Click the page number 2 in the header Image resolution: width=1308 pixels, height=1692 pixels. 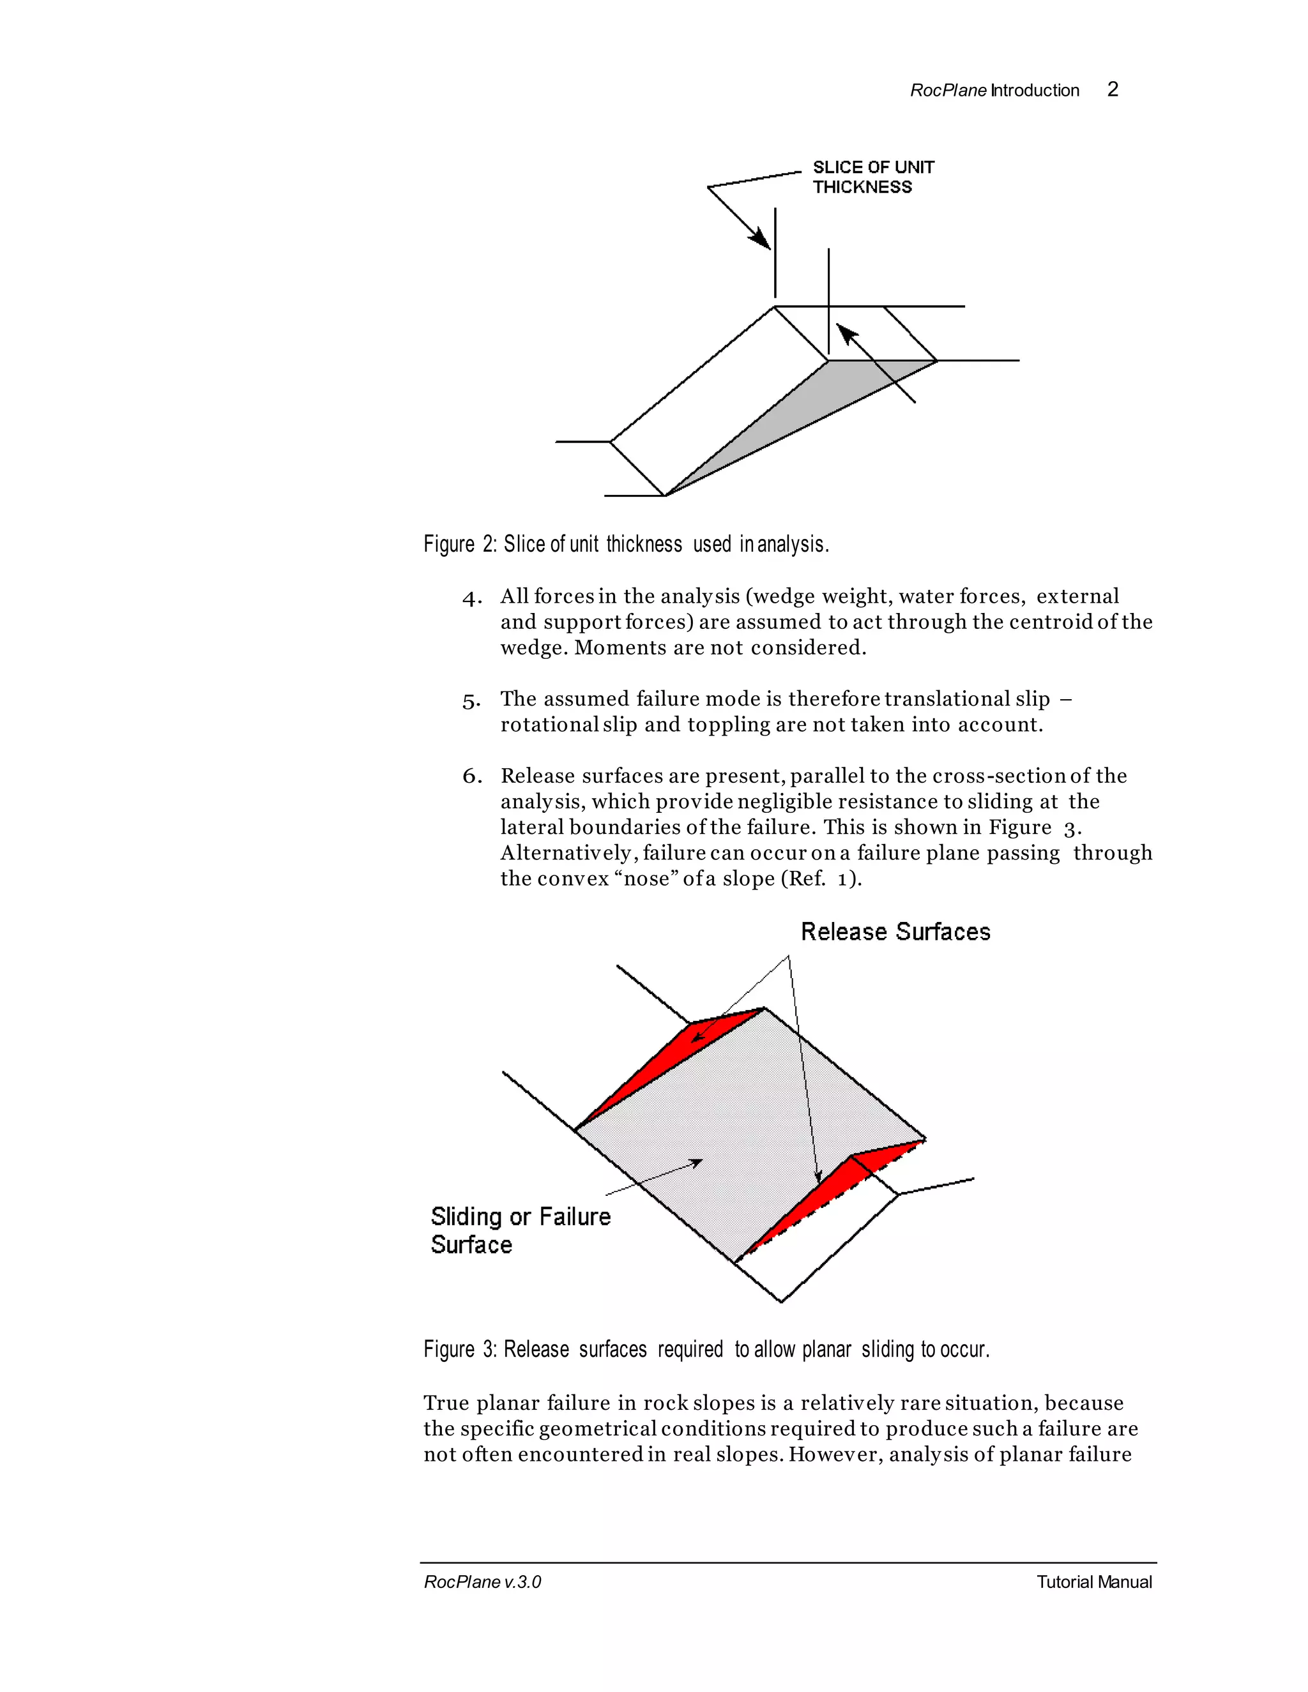tap(1112, 90)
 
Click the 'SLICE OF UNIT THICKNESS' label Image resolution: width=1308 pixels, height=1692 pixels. tap(872, 178)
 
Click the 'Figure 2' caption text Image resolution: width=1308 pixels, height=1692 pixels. tap(625, 545)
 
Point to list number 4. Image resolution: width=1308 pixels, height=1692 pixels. tap(471, 598)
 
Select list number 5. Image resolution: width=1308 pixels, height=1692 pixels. tap(471, 701)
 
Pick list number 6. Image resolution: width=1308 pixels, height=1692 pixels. tap(471, 777)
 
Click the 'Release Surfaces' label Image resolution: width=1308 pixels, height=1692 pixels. tap(895, 932)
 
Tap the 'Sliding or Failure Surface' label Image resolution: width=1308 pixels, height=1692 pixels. tap(520, 1230)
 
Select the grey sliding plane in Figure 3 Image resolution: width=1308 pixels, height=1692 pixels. tap(744, 1123)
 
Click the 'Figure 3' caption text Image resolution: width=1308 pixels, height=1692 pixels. tap(706, 1350)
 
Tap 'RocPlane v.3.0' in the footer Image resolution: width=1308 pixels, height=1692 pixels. tap(482, 1582)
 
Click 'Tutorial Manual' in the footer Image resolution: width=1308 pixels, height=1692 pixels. tap(1093, 1582)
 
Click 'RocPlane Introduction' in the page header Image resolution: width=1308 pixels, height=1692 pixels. tap(994, 91)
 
